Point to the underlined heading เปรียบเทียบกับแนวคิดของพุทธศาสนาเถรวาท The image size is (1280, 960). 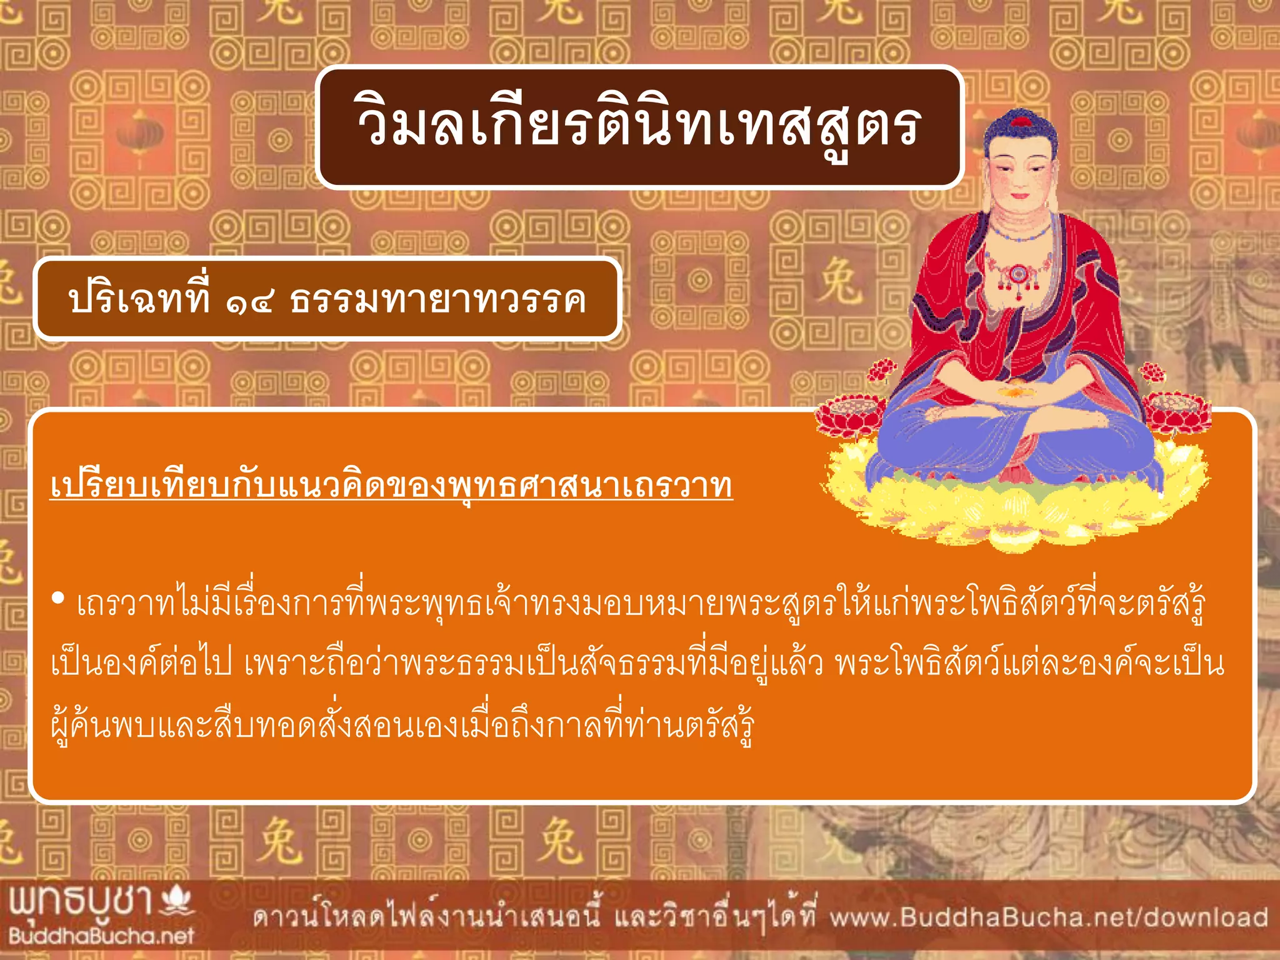(391, 486)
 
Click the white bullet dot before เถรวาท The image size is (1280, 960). (58, 599)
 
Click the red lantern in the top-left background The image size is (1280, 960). (139, 134)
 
